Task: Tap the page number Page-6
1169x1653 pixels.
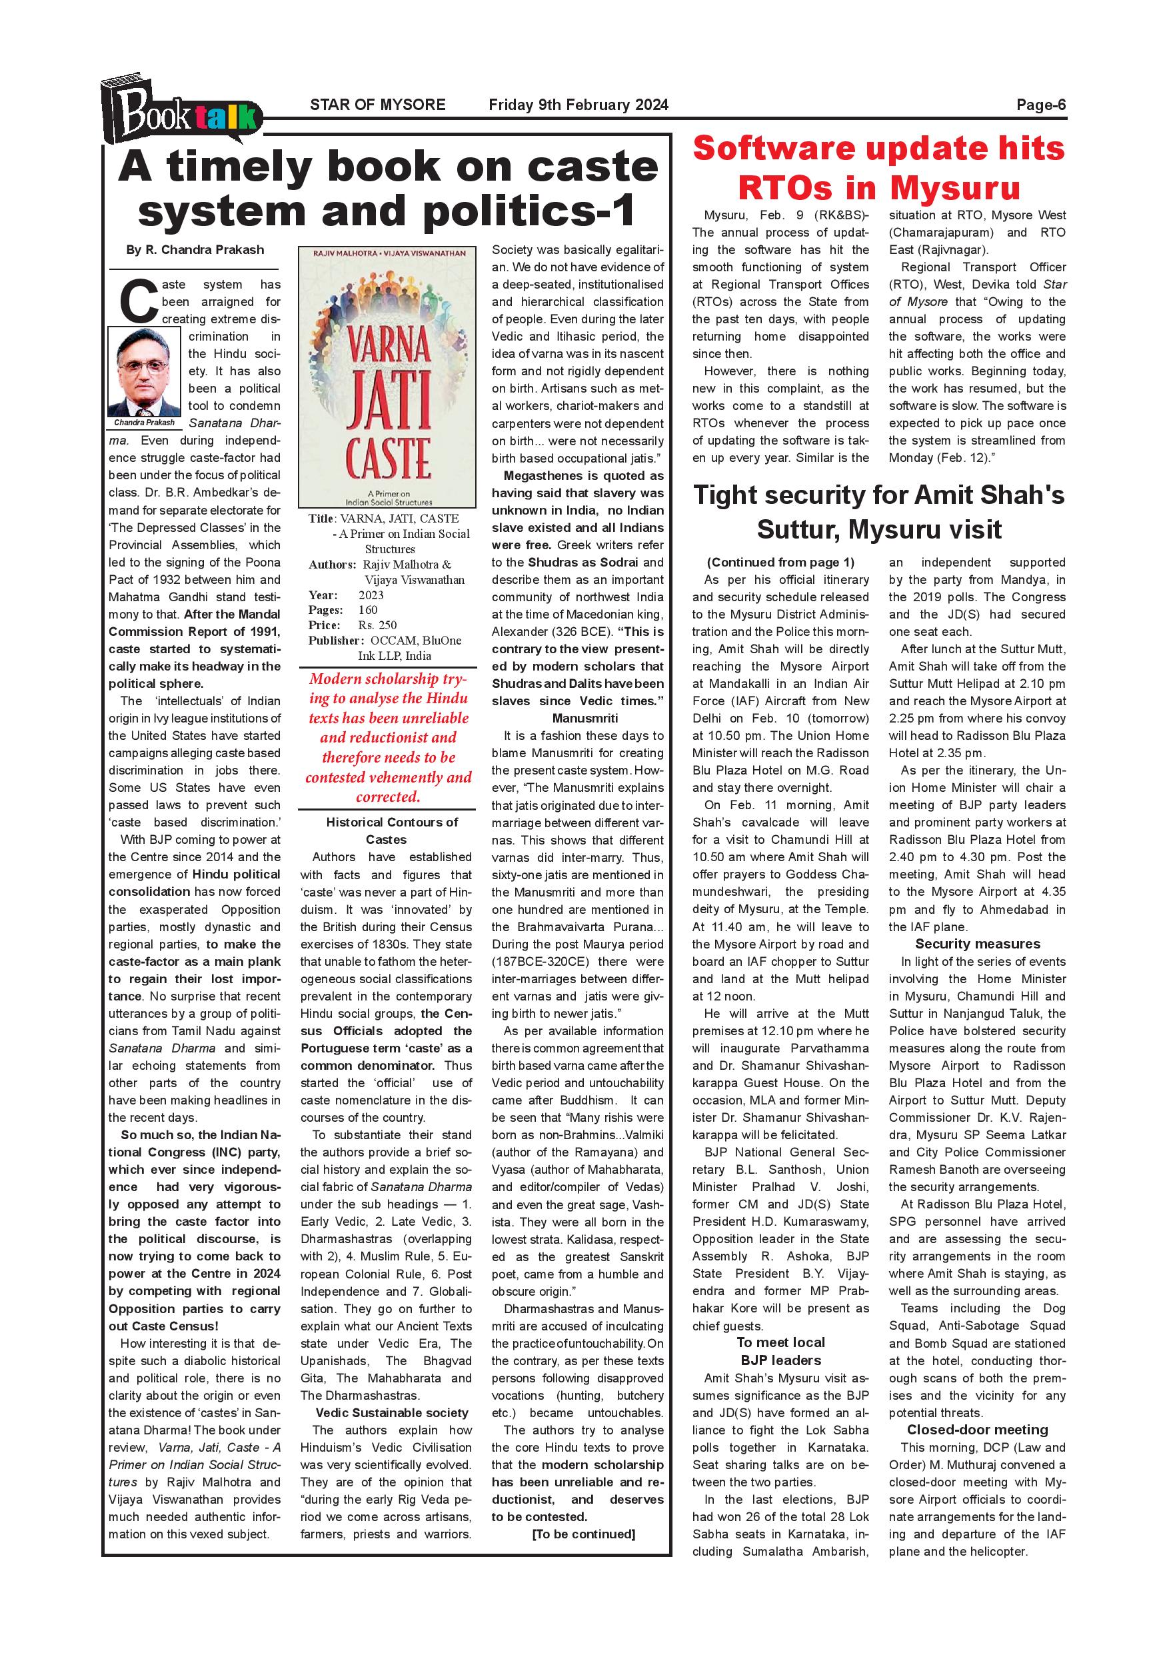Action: coord(1040,105)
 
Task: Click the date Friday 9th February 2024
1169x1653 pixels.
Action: coord(578,105)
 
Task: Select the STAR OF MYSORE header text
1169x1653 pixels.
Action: coord(377,105)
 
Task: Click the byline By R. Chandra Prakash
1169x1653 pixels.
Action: coord(195,250)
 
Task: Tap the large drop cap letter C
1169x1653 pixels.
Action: coord(137,300)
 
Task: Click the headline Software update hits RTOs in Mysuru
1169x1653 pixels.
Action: coord(878,168)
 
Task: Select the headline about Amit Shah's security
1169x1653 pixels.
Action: coord(878,512)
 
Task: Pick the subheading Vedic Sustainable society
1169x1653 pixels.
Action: coord(392,1412)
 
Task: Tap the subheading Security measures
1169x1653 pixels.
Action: coord(977,943)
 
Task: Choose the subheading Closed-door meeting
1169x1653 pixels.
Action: coord(977,1430)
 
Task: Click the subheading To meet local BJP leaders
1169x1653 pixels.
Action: coord(780,1350)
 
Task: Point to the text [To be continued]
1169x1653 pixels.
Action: coord(583,1534)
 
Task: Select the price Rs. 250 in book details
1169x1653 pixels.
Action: coord(377,625)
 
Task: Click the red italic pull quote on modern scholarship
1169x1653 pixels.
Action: coord(388,737)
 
